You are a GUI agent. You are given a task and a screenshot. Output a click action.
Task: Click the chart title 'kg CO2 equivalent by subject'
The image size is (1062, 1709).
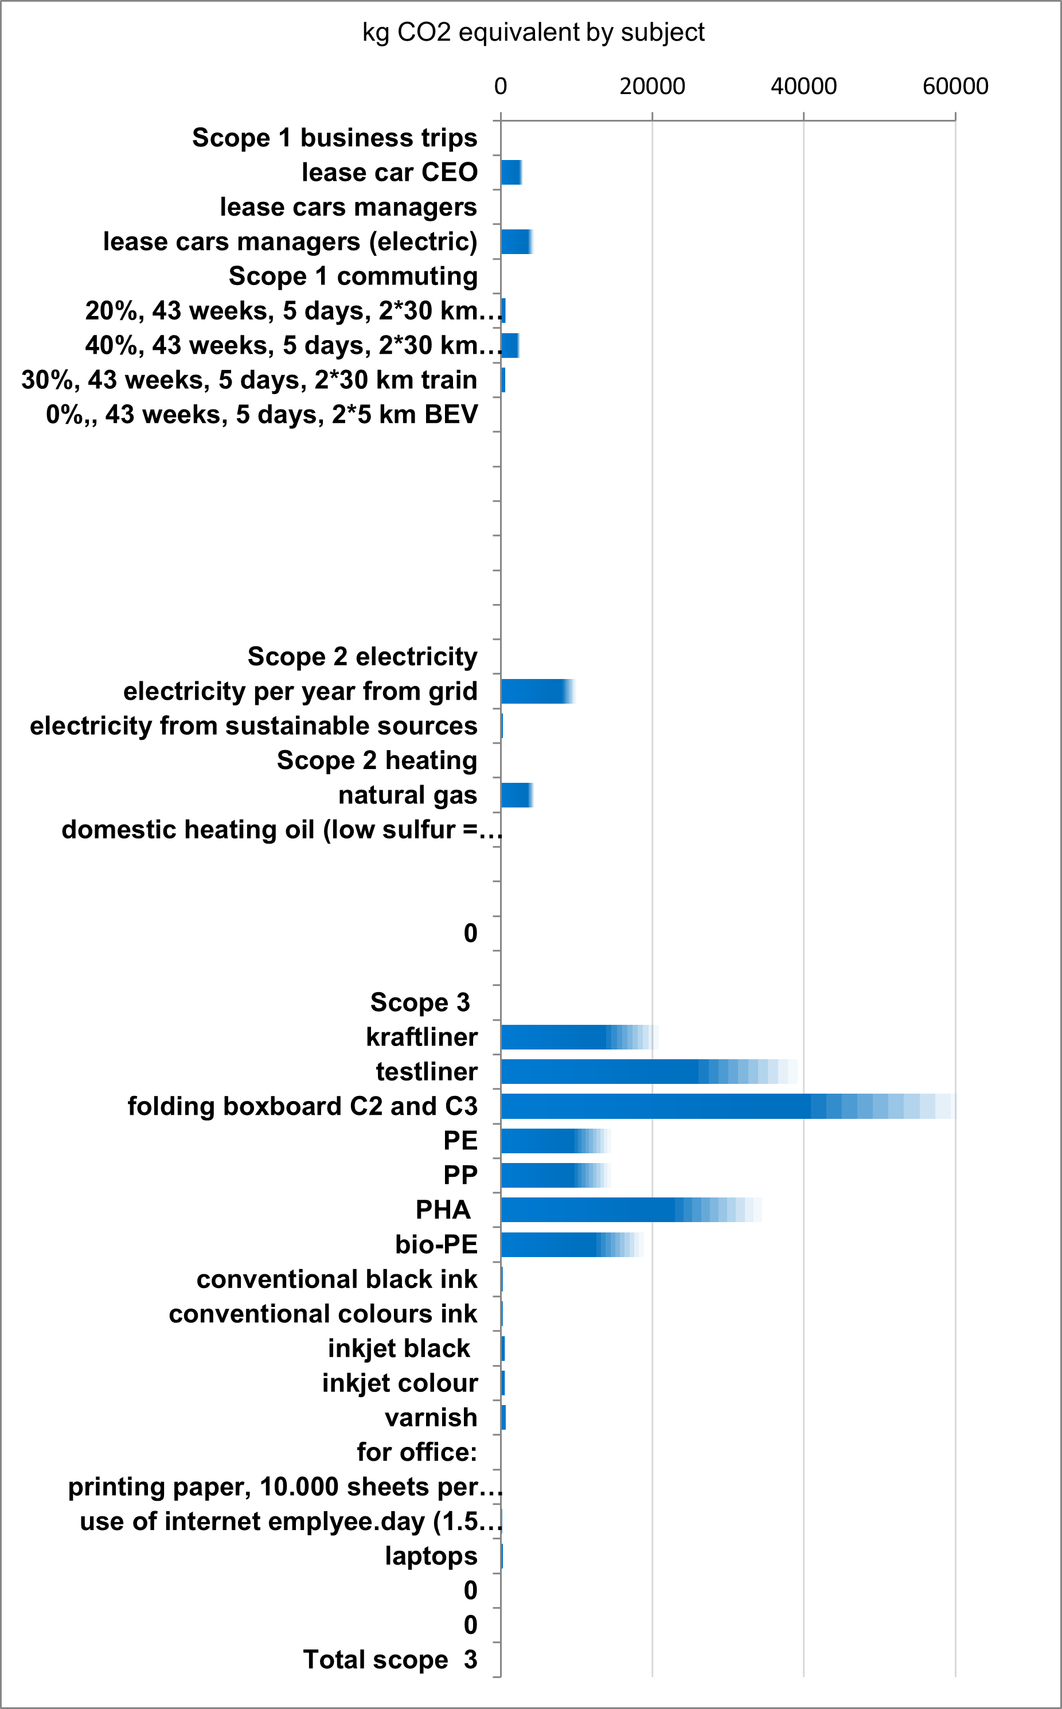(533, 32)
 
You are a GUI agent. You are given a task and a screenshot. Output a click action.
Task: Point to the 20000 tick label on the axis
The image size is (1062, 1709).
(652, 87)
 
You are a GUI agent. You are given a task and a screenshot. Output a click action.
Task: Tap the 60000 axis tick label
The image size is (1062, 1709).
(955, 87)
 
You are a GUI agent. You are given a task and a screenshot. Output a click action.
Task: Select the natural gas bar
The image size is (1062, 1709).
(516, 795)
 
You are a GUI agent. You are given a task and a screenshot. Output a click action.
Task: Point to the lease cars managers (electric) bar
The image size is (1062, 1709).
(516, 241)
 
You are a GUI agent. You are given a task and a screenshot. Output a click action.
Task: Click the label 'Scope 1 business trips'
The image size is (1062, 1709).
(334, 138)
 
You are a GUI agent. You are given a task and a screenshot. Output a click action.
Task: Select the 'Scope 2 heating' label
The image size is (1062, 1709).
(377, 760)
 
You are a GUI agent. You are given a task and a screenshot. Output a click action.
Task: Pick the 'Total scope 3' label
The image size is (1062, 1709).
(390, 1660)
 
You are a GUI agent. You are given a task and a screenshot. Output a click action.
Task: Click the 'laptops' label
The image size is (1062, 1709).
(431, 1556)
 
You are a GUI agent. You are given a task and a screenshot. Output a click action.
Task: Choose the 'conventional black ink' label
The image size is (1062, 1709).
(337, 1279)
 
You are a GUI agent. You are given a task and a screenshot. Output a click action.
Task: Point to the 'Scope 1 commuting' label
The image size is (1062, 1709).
(353, 276)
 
